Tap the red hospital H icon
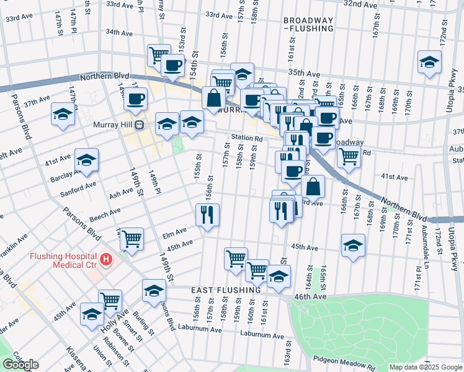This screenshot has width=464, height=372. [x=106, y=258]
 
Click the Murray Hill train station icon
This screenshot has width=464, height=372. [x=140, y=125]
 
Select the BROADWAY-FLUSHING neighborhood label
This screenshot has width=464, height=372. [x=308, y=24]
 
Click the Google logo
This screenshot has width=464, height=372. [x=20, y=365]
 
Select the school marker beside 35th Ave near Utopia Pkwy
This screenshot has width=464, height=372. [x=429, y=62]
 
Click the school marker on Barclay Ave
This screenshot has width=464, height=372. [x=86, y=160]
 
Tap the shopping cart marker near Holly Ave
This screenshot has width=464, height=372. [x=110, y=300]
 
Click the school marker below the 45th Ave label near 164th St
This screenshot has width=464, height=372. [x=353, y=244]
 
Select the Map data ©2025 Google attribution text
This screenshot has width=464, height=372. [x=426, y=367]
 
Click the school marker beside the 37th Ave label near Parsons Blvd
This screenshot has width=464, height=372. [x=63, y=114]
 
